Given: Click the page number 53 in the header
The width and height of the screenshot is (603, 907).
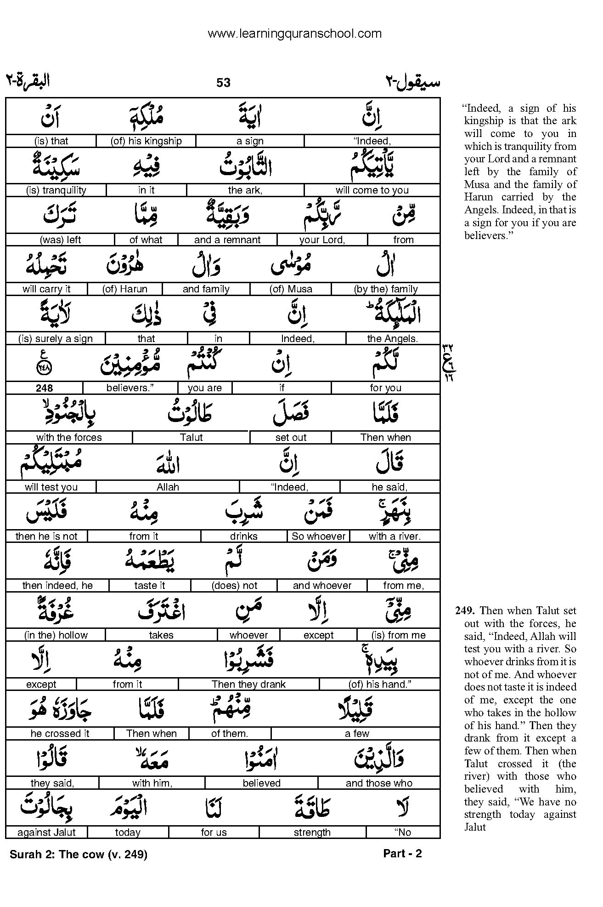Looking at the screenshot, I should [223, 83].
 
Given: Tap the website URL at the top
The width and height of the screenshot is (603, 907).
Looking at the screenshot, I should [294, 34].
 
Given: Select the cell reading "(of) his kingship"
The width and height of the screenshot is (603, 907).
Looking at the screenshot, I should [146, 141].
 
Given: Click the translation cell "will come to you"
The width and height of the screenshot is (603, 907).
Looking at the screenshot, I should [372, 190].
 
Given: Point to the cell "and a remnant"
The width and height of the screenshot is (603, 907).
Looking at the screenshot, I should [227, 240].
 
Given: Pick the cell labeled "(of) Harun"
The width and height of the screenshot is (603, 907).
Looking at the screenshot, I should [124, 289].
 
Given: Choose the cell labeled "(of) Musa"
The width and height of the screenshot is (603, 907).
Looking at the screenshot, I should [291, 289].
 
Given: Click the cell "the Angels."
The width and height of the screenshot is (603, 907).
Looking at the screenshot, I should [392, 339].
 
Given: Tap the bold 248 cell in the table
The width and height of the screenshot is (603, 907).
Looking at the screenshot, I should [45, 388].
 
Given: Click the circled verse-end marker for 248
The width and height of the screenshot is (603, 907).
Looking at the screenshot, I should [44, 368].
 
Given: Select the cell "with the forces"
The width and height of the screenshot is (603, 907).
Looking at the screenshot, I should [69, 438].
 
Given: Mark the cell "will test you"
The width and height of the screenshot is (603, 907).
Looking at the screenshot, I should [51, 487].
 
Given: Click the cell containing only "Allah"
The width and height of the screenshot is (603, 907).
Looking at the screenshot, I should [168, 487].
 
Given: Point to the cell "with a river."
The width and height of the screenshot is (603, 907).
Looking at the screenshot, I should [394, 536].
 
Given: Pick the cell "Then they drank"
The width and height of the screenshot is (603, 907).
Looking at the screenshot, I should [248, 685].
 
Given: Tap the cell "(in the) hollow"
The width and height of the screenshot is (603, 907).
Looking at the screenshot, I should [56, 635].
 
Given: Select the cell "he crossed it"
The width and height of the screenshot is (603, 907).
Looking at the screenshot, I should [60, 734].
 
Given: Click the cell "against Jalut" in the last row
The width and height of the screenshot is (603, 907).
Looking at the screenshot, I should [46, 833].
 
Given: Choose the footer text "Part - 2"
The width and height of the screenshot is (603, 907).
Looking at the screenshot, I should [402, 854].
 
